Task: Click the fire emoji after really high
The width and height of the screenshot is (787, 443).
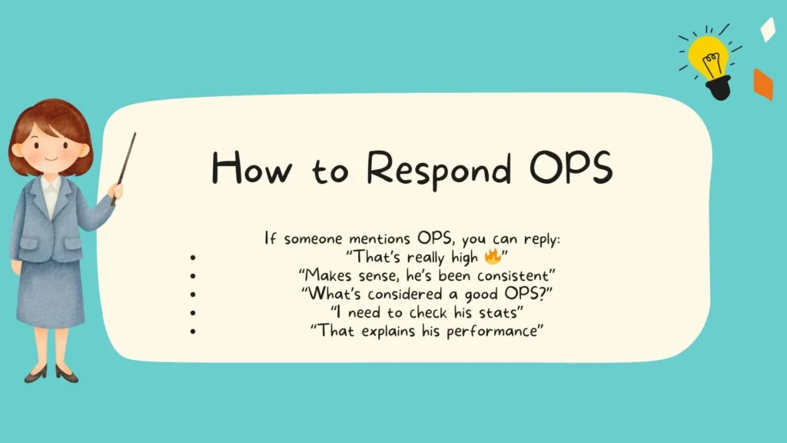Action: coord(493,256)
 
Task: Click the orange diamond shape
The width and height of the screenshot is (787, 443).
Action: coord(762,84)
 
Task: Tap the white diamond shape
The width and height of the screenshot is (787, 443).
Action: coord(767,29)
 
